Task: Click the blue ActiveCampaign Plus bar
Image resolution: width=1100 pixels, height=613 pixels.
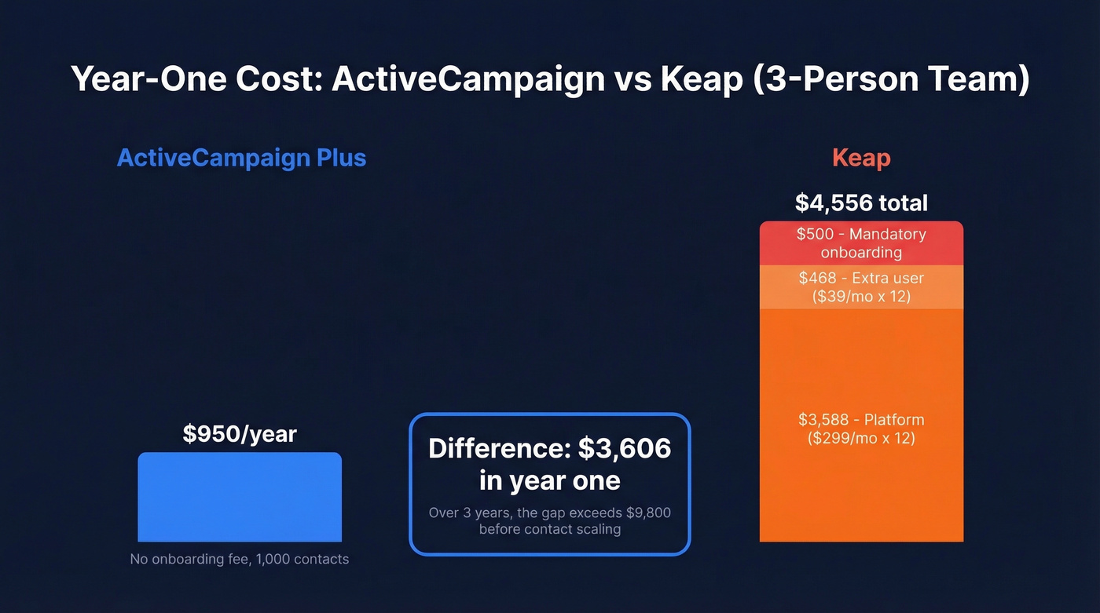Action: tap(240, 497)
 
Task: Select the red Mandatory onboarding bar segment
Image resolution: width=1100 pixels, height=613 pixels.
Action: tap(861, 243)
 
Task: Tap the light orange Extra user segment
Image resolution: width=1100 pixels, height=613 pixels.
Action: tap(861, 287)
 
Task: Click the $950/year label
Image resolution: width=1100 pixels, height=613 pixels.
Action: tap(240, 434)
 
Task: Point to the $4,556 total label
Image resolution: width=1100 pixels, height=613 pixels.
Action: tap(861, 203)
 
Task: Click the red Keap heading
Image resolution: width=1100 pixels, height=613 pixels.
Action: tap(861, 158)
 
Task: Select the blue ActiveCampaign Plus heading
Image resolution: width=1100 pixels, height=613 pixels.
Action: tap(241, 158)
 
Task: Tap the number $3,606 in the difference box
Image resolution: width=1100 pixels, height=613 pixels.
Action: tap(625, 448)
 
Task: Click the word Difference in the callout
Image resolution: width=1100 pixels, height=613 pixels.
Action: tap(499, 448)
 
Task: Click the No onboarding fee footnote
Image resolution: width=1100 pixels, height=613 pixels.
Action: tap(239, 560)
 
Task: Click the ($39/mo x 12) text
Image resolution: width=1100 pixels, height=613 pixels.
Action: tap(861, 297)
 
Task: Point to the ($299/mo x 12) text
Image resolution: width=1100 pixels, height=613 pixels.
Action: tap(861, 438)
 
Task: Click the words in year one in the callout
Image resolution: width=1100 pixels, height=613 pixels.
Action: tap(550, 480)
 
